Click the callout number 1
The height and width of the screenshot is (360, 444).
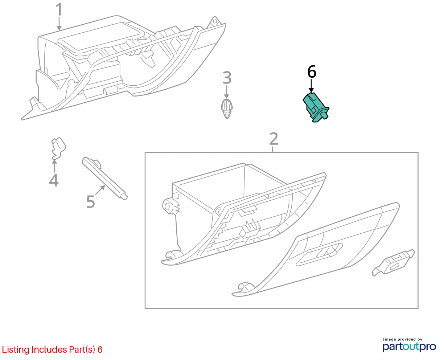(59, 9)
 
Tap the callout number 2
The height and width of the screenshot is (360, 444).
(274, 139)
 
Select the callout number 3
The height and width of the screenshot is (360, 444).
(227, 78)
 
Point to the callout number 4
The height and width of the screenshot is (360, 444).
(54, 180)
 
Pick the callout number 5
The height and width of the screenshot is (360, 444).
(91, 202)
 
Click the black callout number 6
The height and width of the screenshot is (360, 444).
(312, 72)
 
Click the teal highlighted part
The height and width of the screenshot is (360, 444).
(316, 107)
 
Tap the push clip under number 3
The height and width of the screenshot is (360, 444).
(227, 109)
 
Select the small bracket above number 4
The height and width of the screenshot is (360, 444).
(58, 148)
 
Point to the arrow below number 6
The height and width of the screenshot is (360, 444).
(311, 86)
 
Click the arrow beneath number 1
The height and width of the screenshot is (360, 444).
(59, 24)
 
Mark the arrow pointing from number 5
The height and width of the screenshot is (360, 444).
(100, 190)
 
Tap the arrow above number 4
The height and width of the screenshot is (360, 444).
(54, 166)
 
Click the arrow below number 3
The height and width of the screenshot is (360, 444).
(226, 92)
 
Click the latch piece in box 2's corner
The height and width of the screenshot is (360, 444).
(393, 263)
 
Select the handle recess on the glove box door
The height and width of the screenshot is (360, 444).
(319, 254)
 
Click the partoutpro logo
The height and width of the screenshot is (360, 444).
(409, 347)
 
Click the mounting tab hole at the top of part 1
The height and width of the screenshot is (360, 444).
(215, 21)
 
